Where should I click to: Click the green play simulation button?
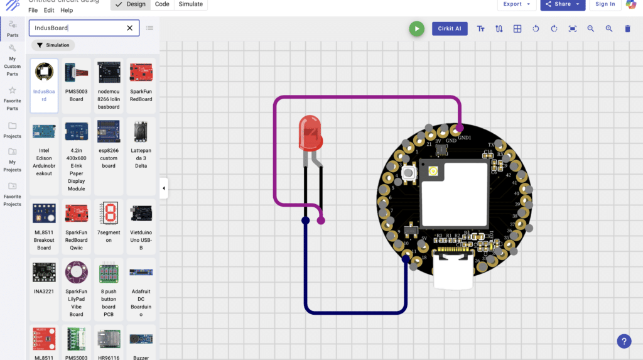click(416, 29)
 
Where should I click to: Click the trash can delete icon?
click(627, 29)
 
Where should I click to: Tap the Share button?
click(563, 4)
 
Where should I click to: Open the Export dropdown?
click(517, 4)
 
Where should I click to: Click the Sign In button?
click(605, 4)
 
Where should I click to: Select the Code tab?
click(162, 4)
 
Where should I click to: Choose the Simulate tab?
click(191, 4)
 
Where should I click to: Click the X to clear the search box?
click(130, 28)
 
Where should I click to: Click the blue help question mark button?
click(624, 341)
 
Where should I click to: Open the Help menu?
click(67, 11)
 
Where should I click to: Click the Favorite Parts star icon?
click(13, 90)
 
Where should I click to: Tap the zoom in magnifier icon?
click(609, 29)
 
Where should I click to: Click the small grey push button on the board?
click(408, 173)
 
